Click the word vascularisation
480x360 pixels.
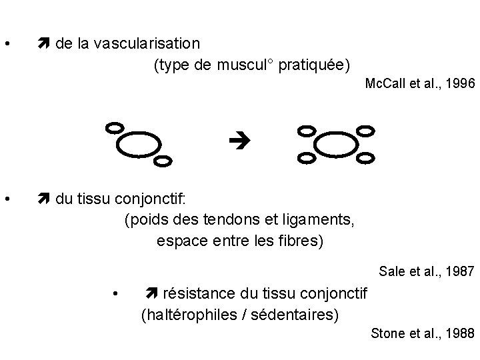coord(146,44)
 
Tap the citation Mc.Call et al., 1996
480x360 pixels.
coord(419,84)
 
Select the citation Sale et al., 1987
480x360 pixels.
coord(426,271)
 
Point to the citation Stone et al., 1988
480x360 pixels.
coord(423,333)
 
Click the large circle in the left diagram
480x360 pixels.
coord(139,143)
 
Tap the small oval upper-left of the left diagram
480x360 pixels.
coord(115,127)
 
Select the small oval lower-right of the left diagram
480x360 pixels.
coord(163,160)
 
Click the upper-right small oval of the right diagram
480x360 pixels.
coord(365,131)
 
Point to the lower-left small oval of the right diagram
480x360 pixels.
coord(307,158)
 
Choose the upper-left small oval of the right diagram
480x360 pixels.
coord(306,131)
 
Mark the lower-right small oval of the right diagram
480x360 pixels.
coord(365,158)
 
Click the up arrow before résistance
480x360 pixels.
coord(151,293)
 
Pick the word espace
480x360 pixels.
coord(179,240)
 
